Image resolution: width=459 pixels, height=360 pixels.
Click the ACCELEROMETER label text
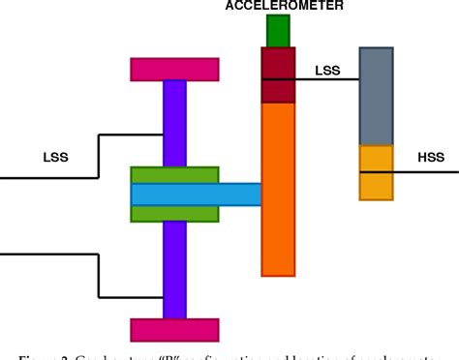tap(276, 6)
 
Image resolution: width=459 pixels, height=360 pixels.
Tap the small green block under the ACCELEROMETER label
tap(278, 31)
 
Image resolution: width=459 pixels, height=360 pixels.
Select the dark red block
tap(278, 75)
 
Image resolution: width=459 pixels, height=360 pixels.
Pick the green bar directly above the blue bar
tap(174, 175)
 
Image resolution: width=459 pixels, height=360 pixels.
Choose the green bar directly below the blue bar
tap(174, 213)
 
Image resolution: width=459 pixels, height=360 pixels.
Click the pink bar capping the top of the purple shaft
tap(174, 70)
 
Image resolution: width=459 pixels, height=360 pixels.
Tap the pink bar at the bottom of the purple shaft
tap(174, 329)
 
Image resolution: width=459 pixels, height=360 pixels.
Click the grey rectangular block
tap(376, 96)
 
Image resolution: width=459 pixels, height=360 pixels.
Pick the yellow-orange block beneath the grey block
tap(376, 172)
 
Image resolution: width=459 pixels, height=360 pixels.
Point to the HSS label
tap(430, 156)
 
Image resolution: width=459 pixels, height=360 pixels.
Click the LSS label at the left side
tap(56, 155)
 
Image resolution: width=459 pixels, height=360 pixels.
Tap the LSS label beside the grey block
tap(328, 69)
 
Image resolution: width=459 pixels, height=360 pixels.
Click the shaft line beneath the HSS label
tap(426, 172)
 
